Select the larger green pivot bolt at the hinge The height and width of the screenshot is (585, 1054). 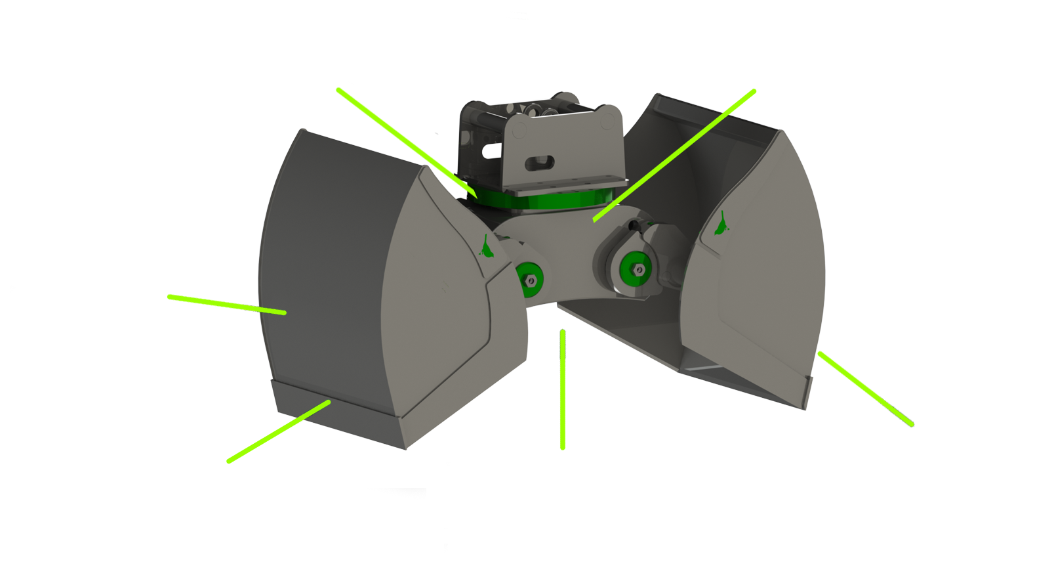[635, 266]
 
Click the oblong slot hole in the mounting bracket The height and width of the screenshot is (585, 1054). [542, 162]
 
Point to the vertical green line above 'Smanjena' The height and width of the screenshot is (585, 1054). [562, 387]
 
